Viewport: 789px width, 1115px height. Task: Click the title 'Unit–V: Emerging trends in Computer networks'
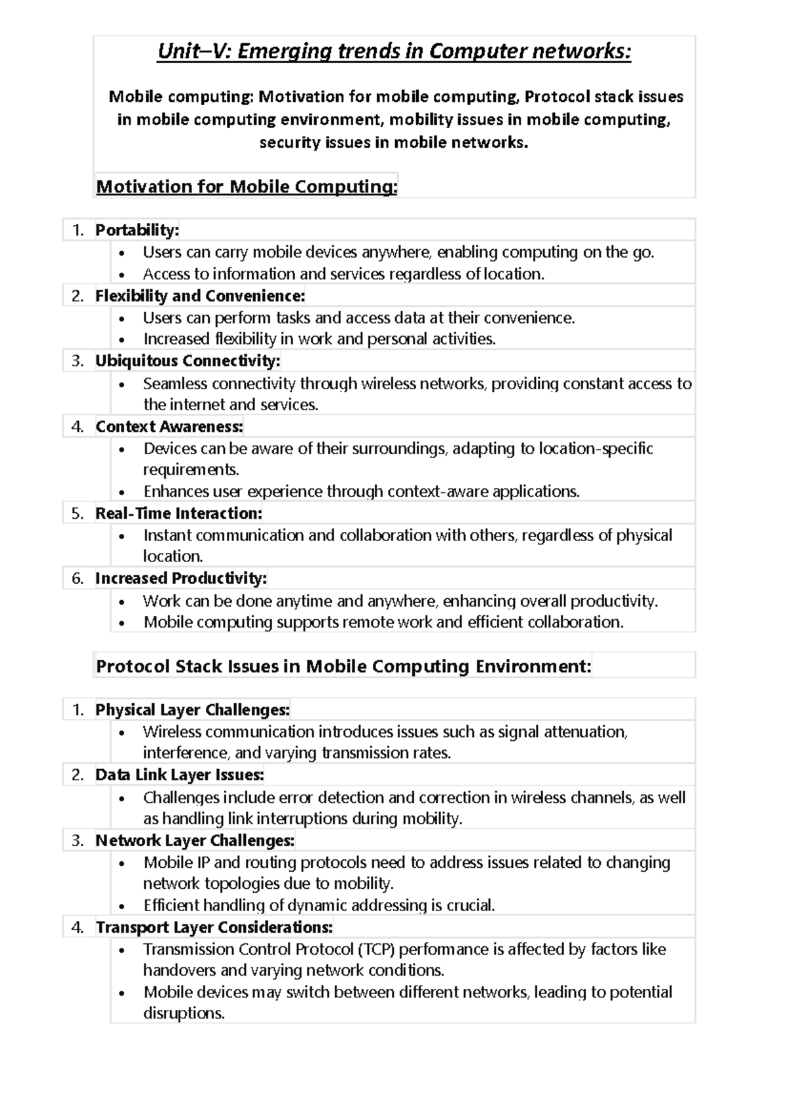click(394, 51)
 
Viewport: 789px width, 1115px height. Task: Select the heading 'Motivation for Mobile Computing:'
click(247, 187)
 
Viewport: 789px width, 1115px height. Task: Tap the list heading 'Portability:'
click(137, 230)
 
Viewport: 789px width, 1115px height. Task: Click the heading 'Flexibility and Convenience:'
click(200, 296)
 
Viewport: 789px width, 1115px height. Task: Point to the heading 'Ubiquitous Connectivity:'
click(187, 361)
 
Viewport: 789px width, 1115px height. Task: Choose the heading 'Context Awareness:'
click(169, 427)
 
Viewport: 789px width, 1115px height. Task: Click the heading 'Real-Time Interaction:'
click(178, 513)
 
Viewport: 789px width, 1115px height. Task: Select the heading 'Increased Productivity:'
click(181, 579)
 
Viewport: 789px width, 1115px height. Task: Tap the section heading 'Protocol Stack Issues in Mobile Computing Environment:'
click(343, 667)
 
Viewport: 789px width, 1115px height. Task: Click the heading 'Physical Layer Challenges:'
click(192, 710)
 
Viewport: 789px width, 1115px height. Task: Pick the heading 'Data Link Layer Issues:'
click(179, 775)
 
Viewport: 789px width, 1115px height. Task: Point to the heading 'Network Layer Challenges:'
click(195, 841)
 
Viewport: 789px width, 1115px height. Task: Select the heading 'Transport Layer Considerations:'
click(214, 928)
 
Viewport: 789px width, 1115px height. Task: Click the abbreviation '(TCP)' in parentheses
click(377, 949)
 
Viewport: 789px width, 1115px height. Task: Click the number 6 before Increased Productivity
click(78, 579)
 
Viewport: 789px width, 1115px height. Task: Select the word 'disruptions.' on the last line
click(184, 1013)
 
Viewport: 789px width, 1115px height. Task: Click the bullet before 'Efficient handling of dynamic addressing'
click(122, 907)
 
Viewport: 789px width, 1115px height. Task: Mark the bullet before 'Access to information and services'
click(122, 275)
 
